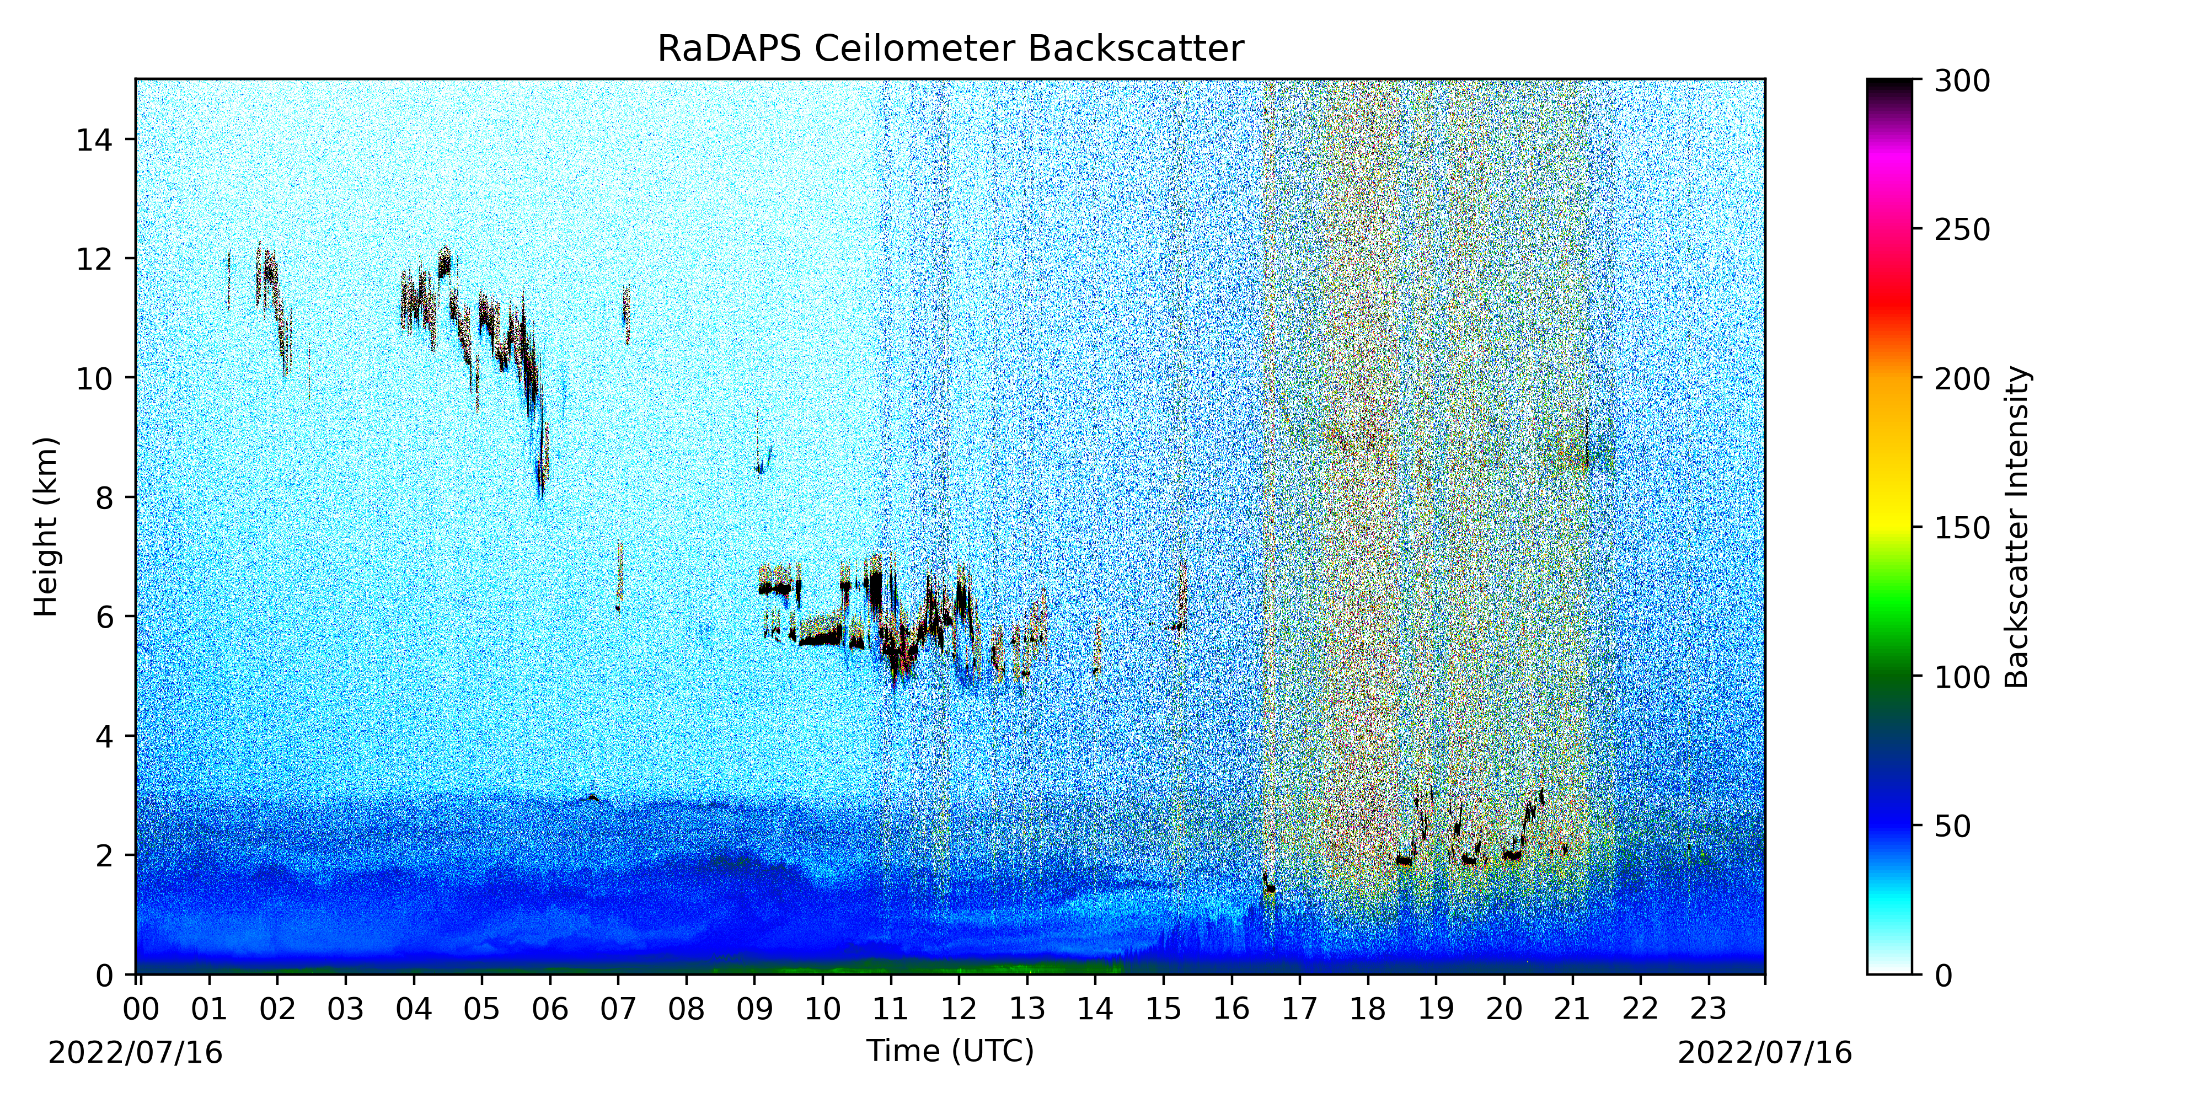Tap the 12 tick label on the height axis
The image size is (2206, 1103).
coord(94,259)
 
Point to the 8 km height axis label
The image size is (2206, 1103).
coord(104,497)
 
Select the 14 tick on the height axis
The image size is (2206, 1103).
coord(94,140)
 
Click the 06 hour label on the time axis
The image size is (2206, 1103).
coord(550,1009)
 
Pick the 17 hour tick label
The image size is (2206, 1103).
coord(1299,1009)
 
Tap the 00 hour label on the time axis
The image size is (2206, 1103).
coord(141,1009)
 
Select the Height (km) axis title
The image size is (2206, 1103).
coord(46,527)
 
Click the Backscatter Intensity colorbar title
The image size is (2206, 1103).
coord(2017,527)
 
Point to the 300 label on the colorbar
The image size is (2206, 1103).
coord(1962,82)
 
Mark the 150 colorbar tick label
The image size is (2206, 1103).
coord(1962,528)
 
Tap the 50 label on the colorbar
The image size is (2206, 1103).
coord(1952,826)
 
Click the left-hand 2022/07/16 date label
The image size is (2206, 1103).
coord(135,1052)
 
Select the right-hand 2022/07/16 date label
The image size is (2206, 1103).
coord(1765,1052)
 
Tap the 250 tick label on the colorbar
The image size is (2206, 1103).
coord(1962,231)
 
